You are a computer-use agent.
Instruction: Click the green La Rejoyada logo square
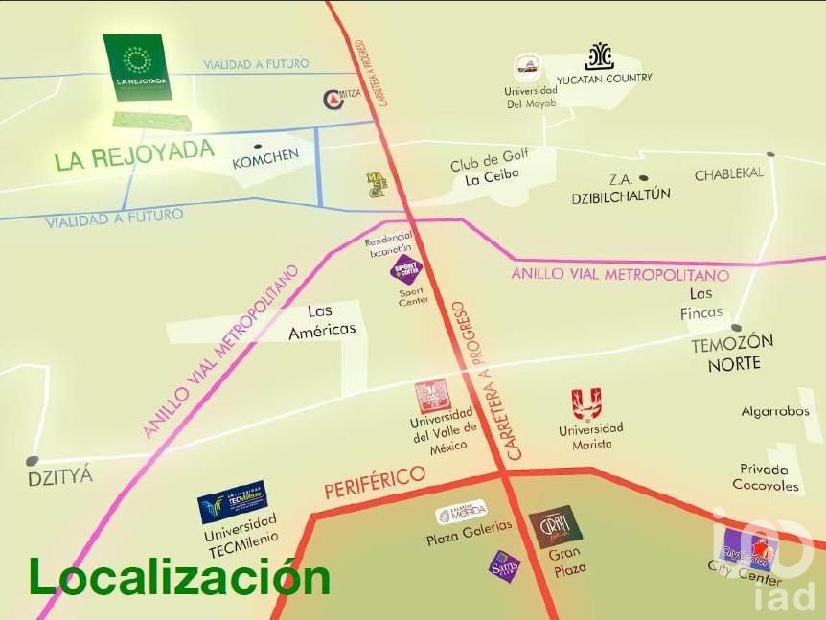(137, 67)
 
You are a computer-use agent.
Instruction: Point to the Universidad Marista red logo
(586, 403)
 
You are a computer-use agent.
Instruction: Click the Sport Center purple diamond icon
(406, 268)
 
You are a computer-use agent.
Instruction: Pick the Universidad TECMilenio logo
(232, 502)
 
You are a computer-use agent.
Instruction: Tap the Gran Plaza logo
(555, 526)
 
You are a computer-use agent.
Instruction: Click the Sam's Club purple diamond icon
(504, 565)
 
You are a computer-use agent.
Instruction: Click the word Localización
(179, 577)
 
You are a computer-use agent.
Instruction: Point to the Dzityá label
(60, 474)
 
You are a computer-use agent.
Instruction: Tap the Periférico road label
(375, 482)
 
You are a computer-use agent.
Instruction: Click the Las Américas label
(322, 320)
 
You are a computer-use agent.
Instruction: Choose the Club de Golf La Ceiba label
(490, 167)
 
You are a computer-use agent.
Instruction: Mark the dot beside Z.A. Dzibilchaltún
(643, 178)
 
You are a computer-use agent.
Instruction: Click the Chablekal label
(729, 173)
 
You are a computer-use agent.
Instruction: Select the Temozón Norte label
(733, 353)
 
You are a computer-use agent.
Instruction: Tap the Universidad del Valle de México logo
(432, 397)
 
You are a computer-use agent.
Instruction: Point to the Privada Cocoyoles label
(765, 477)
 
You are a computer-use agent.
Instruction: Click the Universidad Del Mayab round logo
(527, 68)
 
